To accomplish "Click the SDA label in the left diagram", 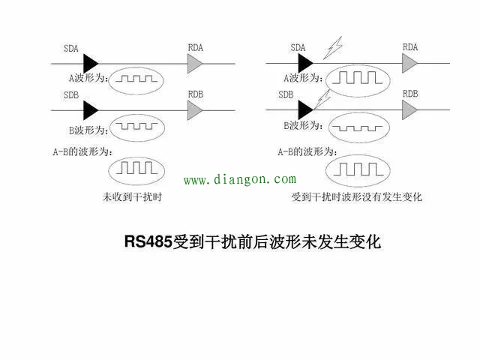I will click(73, 49).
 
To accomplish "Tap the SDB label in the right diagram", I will click(286, 94).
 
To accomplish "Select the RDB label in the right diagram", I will click(409, 94).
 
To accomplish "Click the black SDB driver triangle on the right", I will click(307, 109).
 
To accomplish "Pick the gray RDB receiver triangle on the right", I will click(410, 110).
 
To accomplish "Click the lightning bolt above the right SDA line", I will click(329, 49).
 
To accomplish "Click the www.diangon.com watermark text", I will click(240, 180).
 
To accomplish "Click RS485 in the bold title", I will click(148, 242).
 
